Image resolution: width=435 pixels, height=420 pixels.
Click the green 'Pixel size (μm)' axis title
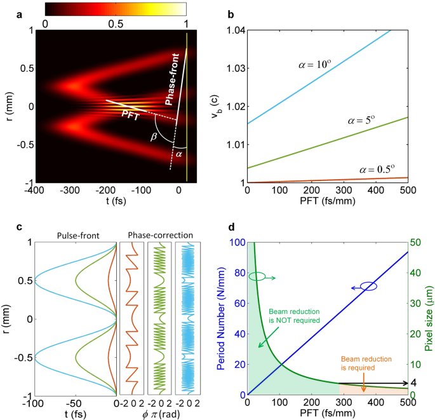tap(429, 318)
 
